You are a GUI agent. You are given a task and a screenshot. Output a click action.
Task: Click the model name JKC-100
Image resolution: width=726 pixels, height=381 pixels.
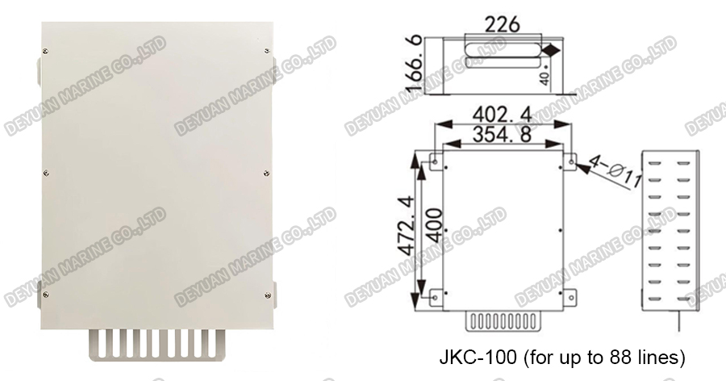[471, 355]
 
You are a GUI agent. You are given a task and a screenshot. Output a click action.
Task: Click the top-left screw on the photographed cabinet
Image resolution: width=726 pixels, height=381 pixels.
[46, 50]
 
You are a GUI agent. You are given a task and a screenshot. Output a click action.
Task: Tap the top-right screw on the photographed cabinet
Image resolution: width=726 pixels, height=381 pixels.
[266, 50]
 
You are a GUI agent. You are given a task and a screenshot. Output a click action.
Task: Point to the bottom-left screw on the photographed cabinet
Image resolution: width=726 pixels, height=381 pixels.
[46, 295]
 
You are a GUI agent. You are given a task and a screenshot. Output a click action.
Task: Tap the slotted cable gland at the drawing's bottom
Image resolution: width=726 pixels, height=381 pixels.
[502, 321]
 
